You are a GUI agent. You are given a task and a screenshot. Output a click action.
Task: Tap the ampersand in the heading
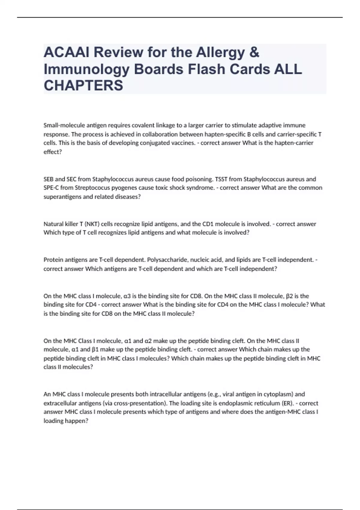254,52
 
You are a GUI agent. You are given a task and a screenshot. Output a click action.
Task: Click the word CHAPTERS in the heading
83,85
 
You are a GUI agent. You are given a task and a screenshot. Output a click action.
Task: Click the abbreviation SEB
49,179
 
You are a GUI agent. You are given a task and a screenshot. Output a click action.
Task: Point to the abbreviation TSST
222,179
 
